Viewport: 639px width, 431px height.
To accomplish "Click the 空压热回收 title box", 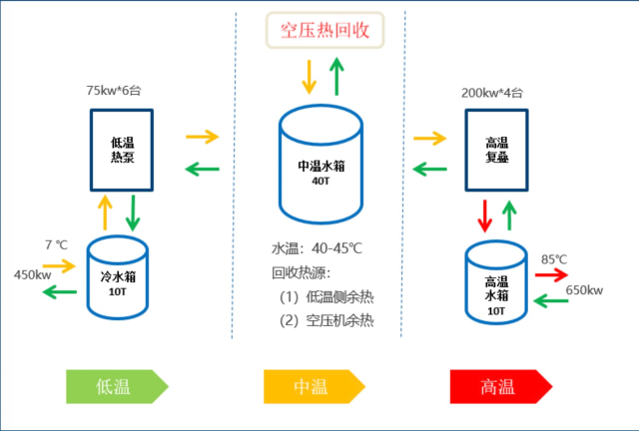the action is pos(324,30).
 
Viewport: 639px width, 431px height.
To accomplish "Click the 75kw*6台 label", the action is pos(114,91).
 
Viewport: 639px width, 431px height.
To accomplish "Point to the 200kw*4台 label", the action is pos(492,93).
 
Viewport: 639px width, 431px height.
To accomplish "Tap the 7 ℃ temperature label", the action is pos(56,244).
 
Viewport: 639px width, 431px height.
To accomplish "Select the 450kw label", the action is pos(33,275).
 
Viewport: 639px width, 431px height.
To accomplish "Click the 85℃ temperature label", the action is pos(554,259).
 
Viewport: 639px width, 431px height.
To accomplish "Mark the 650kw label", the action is pos(584,290).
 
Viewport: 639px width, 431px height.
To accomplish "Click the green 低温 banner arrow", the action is pos(118,386).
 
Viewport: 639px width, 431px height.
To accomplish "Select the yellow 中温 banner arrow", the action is pos(315,386).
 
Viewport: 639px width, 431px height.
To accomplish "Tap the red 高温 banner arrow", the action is pos(501,386).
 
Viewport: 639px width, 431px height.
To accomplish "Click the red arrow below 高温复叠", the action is pos(484,215).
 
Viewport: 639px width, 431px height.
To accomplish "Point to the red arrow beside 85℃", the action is pos(551,275).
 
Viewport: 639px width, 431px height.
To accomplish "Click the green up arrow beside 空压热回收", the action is pos(336,76).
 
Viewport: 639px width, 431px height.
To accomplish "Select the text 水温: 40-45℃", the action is pos(317,248).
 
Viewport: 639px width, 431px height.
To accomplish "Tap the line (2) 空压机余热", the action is pos(326,321).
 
